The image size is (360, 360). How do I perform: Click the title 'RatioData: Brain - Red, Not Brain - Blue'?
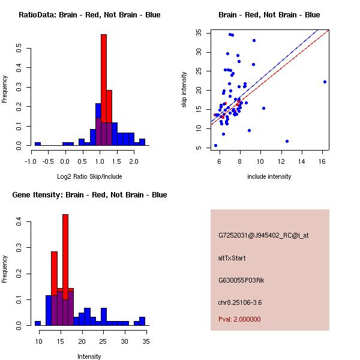point(89,15)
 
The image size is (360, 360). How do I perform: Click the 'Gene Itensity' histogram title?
point(89,195)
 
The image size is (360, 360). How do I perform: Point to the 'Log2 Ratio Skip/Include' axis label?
point(89,176)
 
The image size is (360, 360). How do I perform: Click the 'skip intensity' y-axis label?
point(185,90)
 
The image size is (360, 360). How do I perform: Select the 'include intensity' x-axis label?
point(269,176)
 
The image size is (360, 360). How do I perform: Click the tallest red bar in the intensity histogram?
point(65,270)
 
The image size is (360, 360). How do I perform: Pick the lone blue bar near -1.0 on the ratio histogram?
point(38,144)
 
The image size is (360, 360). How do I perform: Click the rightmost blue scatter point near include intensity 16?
point(325,82)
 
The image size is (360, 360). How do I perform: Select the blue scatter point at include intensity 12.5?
point(287,141)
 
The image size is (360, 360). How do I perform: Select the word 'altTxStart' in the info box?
point(232,258)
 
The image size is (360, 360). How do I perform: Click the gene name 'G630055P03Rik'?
point(237,280)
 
